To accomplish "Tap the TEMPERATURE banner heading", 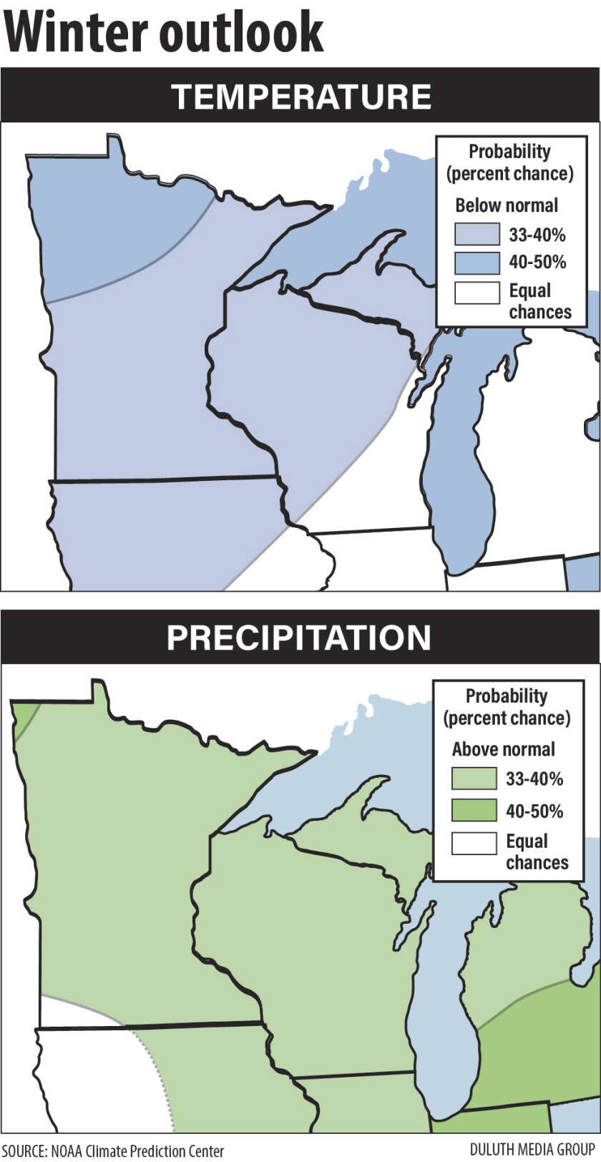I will click(x=301, y=97).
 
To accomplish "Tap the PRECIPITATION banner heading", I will click(x=299, y=638).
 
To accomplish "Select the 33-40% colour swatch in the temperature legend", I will click(x=477, y=234).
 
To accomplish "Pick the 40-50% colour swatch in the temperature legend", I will click(x=477, y=263).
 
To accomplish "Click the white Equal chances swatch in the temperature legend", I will click(x=477, y=293).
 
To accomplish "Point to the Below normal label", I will click(x=507, y=205).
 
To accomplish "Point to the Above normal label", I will click(x=503, y=749).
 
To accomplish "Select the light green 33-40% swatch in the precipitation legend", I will click(x=474, y=778).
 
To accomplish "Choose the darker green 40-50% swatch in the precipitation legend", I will click(x=474, y=811).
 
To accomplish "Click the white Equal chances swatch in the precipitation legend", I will click(x=474, y=843).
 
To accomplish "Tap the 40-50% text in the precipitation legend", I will click(x=534, y=811).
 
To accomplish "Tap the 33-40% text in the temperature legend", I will click(x=537, y=234).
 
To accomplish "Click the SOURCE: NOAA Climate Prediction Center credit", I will click(x=113, y=1151).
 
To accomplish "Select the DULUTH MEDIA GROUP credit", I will click(x=532, y=1150).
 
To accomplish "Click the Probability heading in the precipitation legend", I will click(x=507, y=696).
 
